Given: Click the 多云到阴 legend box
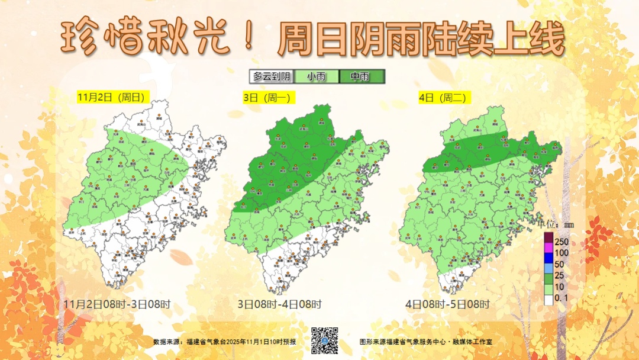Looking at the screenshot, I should [x=272, y=76].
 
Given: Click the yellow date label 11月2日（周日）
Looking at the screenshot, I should [x=111, y=97].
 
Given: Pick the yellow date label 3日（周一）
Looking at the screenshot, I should [x=270, y=98].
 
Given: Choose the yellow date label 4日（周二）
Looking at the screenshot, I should [x=443, y=98].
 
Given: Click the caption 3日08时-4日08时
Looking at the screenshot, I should [x=279, y=305].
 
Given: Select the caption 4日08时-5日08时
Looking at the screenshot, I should [x=448, y=305].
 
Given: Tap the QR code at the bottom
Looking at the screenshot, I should [x=324, y=340].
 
